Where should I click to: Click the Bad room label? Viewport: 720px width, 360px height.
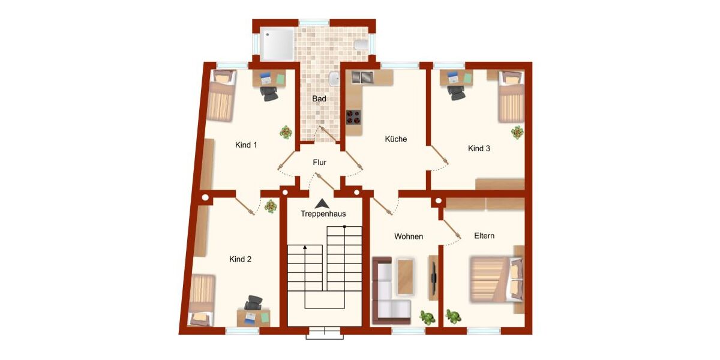point(319,98)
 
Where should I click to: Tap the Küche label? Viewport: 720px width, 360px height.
point(396,139)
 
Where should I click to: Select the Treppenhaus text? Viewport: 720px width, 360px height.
point(323,214)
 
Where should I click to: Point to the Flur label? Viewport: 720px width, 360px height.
point(319,162)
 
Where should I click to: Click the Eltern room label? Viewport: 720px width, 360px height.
point(484,236)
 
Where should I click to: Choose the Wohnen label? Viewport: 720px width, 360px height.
point(409,236)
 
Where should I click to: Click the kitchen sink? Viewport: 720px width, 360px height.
point(362,77)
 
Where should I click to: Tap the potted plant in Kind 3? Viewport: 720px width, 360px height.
point(517,132)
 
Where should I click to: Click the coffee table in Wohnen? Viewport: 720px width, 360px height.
point(406,277)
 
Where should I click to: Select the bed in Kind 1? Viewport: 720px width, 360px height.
point(220,96)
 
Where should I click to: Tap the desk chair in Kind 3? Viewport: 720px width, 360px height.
point(457,92)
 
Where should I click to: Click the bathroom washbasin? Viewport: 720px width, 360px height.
point(334,79)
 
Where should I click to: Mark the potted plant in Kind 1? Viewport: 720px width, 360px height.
point(286,132)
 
